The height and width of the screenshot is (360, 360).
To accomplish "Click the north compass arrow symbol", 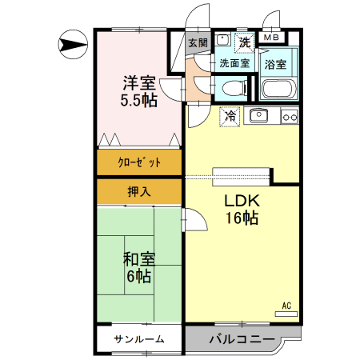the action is (x=73, y=44).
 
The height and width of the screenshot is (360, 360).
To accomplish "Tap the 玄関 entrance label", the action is (x=198, y=42).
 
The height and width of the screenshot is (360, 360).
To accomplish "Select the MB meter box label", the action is (x=271, y=38).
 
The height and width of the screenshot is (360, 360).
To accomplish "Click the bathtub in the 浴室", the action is (x=279, y=89).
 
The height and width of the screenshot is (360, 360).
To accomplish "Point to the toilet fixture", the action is (x=234, y=88).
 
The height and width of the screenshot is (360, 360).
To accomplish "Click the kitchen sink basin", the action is (x=259, y=116).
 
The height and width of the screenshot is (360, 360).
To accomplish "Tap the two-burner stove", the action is (x=290, y=117).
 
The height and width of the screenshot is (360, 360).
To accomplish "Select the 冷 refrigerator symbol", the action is (x=230, y=116).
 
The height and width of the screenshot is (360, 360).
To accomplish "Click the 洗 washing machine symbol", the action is (x=245, y=42).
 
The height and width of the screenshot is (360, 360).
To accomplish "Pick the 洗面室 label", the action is (x=234, y=63).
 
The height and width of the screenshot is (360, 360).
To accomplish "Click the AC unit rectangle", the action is (x=286, y=314).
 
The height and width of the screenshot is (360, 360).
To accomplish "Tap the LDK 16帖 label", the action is (x=242, y=210).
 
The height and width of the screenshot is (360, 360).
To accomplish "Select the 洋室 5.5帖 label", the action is (x=139, y=91).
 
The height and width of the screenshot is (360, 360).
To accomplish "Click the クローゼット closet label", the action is (x=139, y=162).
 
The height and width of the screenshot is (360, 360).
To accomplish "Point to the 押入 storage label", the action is (x=139, y=191).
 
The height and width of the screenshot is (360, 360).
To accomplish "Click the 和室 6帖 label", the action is (x=139, y=267).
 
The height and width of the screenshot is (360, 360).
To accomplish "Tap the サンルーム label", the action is (x=139, y=339).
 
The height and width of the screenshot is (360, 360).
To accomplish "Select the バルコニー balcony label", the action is (x=242, y=339).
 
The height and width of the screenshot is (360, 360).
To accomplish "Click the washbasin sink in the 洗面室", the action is (x=223, y=40).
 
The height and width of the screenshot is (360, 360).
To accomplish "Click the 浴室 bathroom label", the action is (x=275, y=65).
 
